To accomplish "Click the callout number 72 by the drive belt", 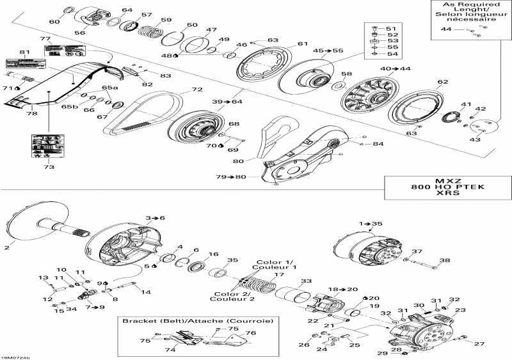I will coord(179,90).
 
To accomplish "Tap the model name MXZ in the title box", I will coord(444,181).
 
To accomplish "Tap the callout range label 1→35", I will coord(371,224).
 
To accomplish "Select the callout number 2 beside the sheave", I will coord(8,247).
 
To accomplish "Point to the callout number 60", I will coord(54,22).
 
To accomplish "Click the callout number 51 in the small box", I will coord(390,29).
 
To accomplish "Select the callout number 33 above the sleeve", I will coord(307,281).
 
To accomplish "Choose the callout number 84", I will coord(378,144).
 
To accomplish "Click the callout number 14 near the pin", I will coord(146,292).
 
